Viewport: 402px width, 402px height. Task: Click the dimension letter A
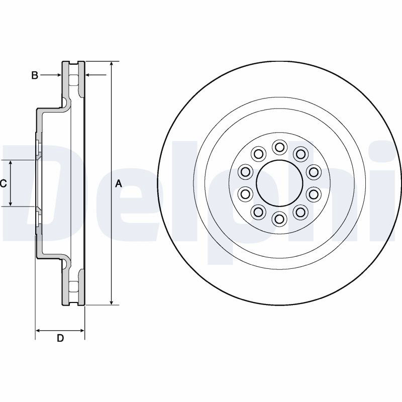pos(119,183)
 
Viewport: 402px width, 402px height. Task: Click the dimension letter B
pos(34,75)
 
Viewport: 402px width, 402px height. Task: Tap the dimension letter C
pos(4,183)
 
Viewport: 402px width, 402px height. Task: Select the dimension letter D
pos(60,338)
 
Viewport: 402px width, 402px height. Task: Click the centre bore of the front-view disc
pos(280,183)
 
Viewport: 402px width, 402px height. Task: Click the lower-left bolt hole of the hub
pos(258,212)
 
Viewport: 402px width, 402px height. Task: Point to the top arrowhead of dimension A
pos(111,64)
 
